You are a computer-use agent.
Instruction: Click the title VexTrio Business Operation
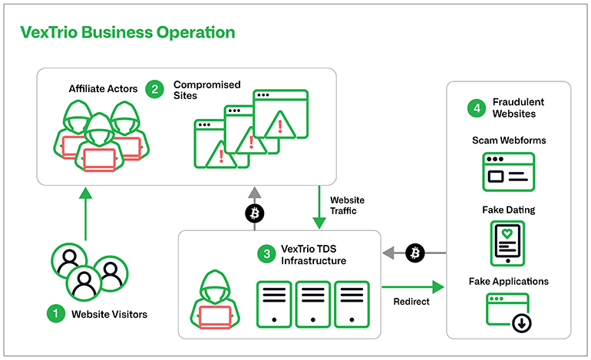point(127,32)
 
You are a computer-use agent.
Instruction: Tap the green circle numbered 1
point(54,313)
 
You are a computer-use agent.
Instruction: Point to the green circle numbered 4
point(477,108)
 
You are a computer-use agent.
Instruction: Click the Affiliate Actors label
point(103,89)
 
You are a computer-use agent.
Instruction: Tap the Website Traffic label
point(348,205)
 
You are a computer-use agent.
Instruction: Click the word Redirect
point(411,301)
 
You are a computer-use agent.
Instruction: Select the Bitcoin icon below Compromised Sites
point(254,213)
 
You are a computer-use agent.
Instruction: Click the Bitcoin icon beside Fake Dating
point(415,253)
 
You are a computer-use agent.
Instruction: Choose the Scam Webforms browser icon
point(508,171)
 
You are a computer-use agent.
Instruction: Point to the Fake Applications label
point(508,281)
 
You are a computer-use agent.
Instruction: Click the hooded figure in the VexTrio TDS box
point(216,300)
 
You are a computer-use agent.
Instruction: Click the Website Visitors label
point(109,314)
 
